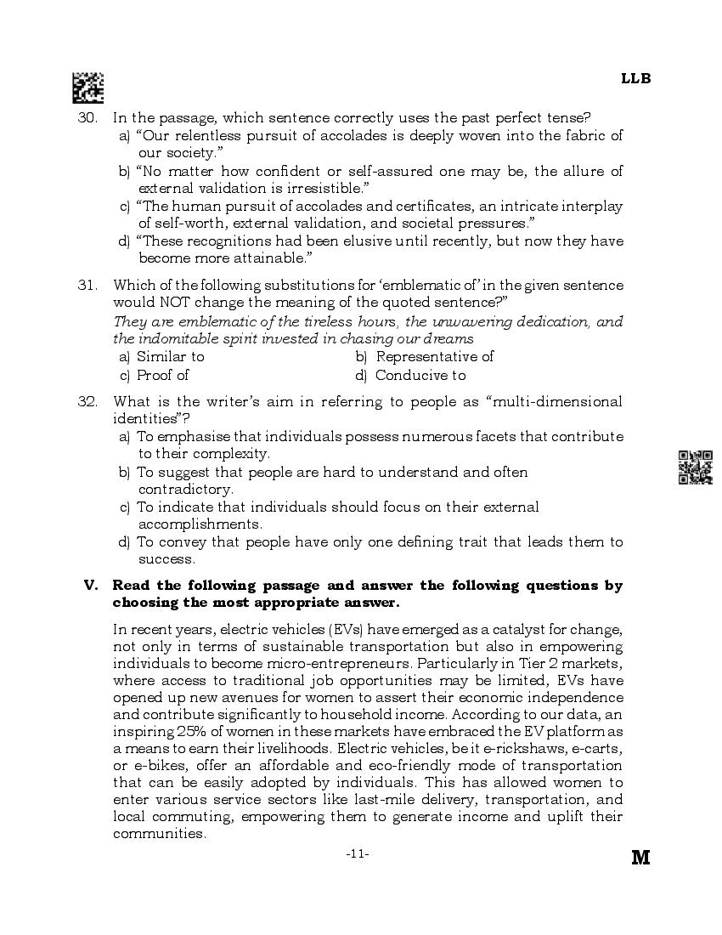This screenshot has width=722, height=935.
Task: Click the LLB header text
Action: click(635, 78)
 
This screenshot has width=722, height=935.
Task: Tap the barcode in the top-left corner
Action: click(87, 88)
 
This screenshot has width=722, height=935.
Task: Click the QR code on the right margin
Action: click(695, 467)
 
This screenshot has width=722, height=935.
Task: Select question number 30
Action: click(87, 117)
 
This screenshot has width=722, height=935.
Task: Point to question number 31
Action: click(87, 285)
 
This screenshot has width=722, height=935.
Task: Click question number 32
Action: click(87, 401)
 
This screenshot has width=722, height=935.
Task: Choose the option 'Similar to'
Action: click(170, 357)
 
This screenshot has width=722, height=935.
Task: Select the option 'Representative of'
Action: click(433, 357)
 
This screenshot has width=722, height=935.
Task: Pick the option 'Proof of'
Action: click(162, 375)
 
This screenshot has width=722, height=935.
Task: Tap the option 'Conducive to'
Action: click(420, 375)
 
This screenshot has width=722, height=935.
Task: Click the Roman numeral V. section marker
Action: click(91, 585)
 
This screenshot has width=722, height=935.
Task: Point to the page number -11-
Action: click(358, 853)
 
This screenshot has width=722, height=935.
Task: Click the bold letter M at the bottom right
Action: click(640, 858)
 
